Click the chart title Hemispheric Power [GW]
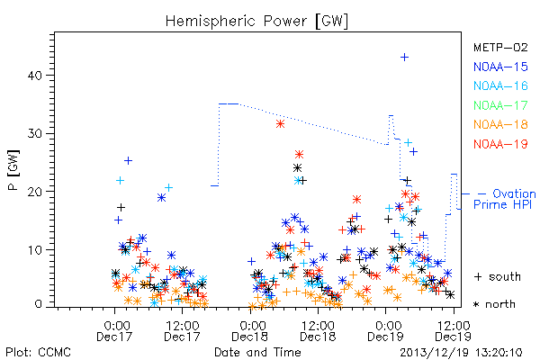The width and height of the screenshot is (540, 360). coord(256,22)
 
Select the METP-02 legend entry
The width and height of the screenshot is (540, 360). coord(500,47)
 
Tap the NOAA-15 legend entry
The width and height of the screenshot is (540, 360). coord(500,67)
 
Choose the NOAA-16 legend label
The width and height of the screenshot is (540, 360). coord(500,85)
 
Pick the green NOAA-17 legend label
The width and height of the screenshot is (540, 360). coord(500,105)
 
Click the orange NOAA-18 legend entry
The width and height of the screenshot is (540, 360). coord(500,124)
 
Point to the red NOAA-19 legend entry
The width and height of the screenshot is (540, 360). coord(500,144)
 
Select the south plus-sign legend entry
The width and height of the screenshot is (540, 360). coord(498,276)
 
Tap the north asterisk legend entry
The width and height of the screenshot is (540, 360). coord(494,304)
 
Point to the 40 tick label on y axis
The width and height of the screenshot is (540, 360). coord(35,76)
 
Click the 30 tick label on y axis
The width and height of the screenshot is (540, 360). coord(35,134)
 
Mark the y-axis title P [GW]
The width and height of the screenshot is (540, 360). coord(13,170)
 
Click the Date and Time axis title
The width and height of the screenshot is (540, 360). coord(257,353)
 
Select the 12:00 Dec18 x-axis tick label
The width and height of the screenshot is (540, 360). coord(318,331)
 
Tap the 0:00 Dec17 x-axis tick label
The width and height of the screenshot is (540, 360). coord(114,331)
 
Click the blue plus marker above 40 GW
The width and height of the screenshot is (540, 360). coord(405,58)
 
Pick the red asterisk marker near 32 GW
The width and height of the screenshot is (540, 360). coord(280,124)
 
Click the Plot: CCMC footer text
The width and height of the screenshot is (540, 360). coord(38,353)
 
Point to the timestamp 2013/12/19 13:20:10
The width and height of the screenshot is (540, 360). coord(461,353)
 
